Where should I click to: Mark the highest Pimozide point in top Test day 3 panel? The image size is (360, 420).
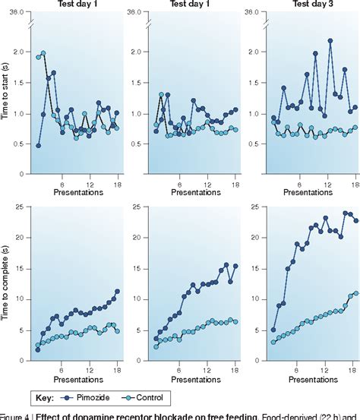point(330,41)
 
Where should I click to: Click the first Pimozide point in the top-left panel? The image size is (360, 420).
point(38,145)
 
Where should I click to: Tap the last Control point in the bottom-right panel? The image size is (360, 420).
point(355,293)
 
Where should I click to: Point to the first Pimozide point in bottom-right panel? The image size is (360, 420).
point(273,330)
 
